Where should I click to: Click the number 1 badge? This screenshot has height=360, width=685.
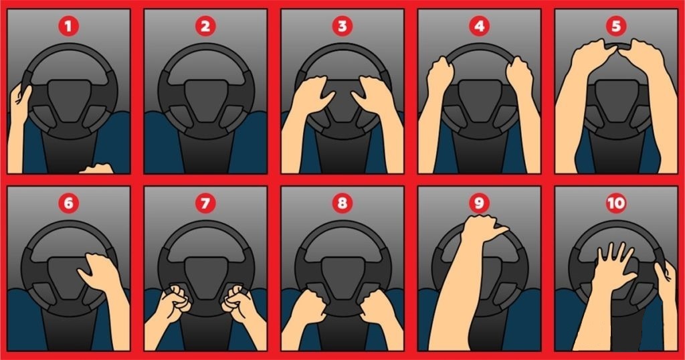pos(68,27)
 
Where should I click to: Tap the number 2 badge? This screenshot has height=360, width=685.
pos(205,27)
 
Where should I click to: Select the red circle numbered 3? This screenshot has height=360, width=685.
pos(342,27)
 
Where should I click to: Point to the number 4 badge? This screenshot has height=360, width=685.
pos(479,27)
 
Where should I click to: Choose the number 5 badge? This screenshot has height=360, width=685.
pos(616,27)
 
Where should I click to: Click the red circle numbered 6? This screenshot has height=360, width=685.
pos(68,203)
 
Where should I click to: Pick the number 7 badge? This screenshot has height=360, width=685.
pos(205,203)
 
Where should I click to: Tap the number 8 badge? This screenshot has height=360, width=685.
pos(342,203)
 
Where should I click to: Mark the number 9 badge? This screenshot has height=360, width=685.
pos(479,203)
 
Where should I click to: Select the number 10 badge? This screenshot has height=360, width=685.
pos(616,203)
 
